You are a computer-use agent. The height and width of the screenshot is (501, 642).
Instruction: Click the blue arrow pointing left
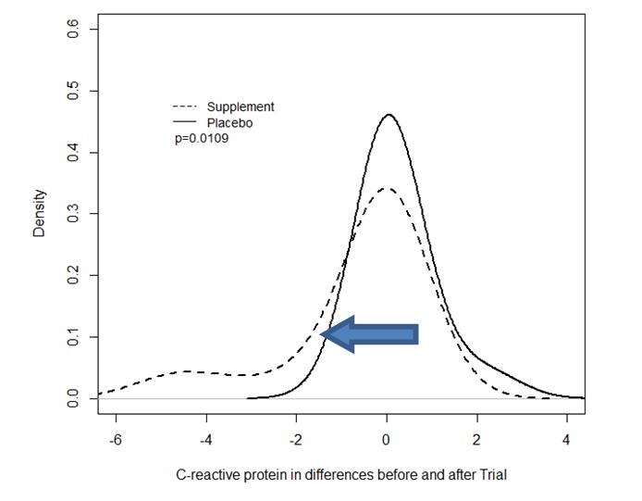click(372, 333)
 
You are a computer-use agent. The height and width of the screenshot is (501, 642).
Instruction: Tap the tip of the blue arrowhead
click(322, 333)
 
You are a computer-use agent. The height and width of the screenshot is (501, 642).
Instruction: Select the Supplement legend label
click(241, 107)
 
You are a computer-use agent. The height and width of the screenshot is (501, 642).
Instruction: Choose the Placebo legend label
click(230, 122)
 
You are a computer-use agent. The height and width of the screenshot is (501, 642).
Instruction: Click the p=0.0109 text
click(202, 138)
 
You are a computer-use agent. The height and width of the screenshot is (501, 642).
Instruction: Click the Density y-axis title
click(39, 214)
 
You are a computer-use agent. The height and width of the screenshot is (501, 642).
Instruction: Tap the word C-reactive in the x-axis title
click(204, 475)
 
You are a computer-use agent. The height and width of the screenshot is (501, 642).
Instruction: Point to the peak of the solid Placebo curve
click(389, 115)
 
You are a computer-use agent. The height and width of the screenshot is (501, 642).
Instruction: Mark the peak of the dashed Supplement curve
click(387, 189)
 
